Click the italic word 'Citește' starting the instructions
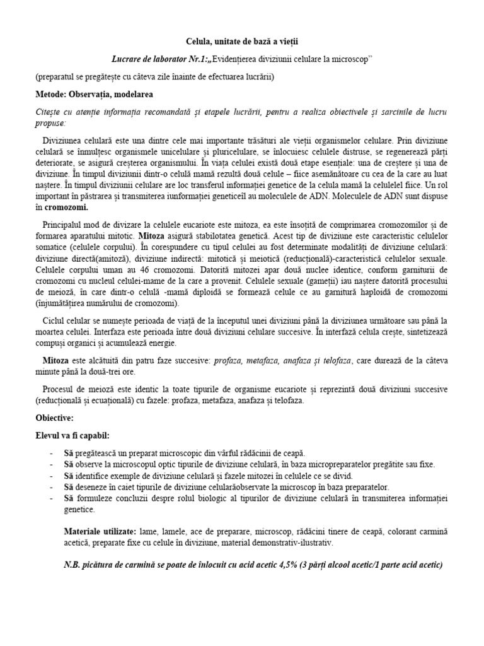pyautogui.click(x=49, y=112)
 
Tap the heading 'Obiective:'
pyautogui.click(x=55, y=418)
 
